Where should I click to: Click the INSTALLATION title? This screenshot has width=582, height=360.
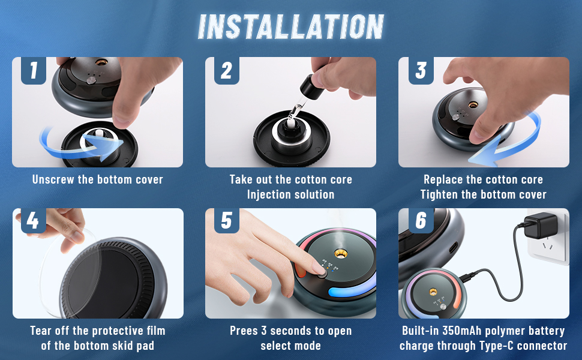coord(291,27)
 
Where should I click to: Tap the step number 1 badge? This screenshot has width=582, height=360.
coord(34,71)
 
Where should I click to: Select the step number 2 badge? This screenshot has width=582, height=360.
coord(226,71)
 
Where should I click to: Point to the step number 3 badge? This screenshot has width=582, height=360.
coord(420,71)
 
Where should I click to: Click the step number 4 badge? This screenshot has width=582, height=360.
coord(34,221)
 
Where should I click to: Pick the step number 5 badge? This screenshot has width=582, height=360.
coord(226,221)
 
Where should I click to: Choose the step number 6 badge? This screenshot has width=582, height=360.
coord(420,221)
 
